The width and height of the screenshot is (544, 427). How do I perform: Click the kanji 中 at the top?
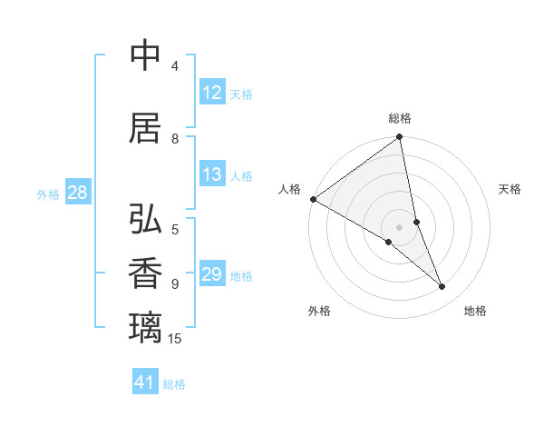coord(146,55)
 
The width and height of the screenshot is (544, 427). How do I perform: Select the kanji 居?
coord(146,128)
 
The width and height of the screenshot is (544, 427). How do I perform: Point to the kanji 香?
coord(146,273)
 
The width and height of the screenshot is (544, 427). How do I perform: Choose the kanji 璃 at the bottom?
coord(146,326)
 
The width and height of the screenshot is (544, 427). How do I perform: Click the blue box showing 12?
coord(211,93)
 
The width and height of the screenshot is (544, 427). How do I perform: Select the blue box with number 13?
coord(211,175)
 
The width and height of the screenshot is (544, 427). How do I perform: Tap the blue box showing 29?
coord(211,275)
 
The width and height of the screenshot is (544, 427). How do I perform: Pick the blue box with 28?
coord(77,193)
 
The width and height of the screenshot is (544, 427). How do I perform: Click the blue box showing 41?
coord(145,382)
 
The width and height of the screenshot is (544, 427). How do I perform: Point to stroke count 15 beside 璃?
coord(175,339)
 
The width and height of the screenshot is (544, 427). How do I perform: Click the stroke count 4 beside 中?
coord(174,66)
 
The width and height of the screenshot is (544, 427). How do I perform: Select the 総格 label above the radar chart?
coord(400,118)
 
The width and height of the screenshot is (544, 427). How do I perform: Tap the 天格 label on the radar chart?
coord(510,189)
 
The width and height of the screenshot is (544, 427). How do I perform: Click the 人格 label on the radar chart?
coord(289,189)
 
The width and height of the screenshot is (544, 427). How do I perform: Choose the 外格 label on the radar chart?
coord(319,311)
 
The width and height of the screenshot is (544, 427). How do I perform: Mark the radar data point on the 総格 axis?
coord(400,138)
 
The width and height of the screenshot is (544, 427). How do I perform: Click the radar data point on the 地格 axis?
coord(442,287)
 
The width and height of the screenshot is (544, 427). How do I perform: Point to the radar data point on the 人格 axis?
coord(313,199)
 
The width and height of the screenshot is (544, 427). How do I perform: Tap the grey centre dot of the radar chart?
coord(400,226)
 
